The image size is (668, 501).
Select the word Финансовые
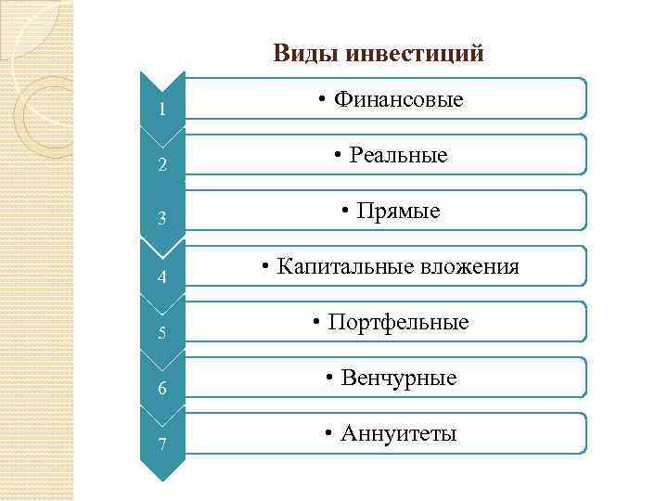398,99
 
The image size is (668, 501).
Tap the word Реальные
398,155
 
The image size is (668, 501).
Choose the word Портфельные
398,323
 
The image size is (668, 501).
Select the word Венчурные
399,379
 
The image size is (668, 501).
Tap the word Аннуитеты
399,433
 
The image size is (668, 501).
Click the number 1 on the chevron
161,110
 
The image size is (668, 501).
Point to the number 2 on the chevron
161,167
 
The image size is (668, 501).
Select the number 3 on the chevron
161,220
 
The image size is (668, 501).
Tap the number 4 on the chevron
161,277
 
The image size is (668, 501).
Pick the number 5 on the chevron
161,332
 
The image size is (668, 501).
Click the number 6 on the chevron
161,389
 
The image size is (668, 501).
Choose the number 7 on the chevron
161,443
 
